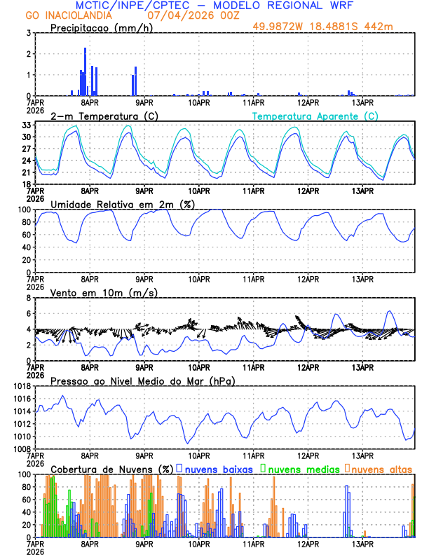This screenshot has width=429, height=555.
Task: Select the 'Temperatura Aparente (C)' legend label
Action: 315,116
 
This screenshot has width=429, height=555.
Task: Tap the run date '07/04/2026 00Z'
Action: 187,15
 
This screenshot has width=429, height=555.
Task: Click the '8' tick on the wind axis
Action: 29,298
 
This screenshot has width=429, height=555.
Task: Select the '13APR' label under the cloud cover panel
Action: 362,544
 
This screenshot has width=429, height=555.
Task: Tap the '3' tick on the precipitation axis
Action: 29,33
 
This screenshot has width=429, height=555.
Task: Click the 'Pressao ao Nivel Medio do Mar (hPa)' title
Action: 142,381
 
